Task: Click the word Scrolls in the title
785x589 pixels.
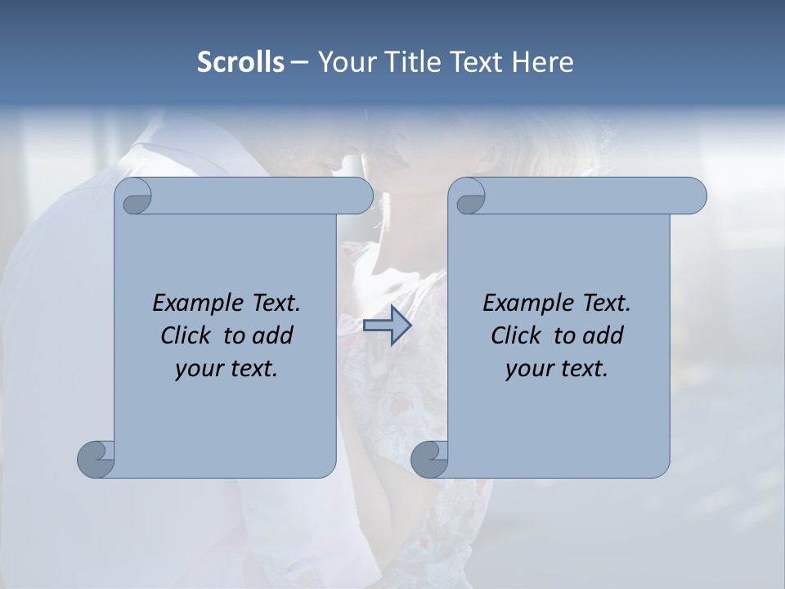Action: [240, 62]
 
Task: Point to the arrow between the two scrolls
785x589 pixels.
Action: [387, 326]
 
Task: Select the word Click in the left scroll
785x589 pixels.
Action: [185, 335]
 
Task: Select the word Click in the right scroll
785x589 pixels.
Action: [515, 335]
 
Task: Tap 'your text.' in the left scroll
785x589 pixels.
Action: [227, 368]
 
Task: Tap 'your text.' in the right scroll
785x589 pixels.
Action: [557, 368]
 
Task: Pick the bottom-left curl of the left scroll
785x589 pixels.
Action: [96, 458]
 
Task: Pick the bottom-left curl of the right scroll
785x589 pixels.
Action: [429, 458]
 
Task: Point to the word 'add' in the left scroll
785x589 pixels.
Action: [273, 335]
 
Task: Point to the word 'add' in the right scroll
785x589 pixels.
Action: [603, 335]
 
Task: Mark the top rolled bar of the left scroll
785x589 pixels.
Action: [262, 196]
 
